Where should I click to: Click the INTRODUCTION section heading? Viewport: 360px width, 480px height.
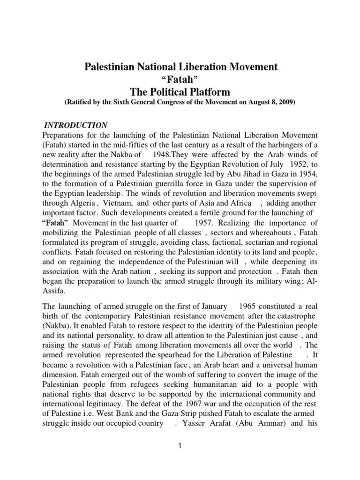75,125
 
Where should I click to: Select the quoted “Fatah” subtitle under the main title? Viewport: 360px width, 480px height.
180,78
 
